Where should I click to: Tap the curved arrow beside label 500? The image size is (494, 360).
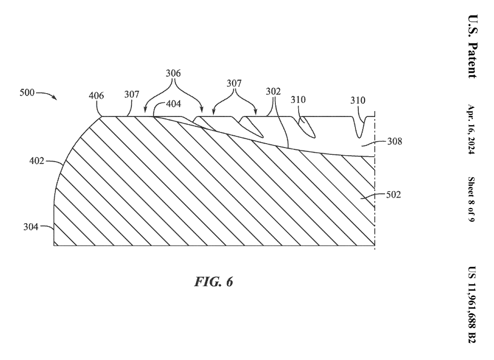48,95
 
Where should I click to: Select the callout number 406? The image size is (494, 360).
96,96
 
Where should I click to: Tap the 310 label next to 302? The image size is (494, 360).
299,99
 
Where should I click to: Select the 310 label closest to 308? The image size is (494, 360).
359,99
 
